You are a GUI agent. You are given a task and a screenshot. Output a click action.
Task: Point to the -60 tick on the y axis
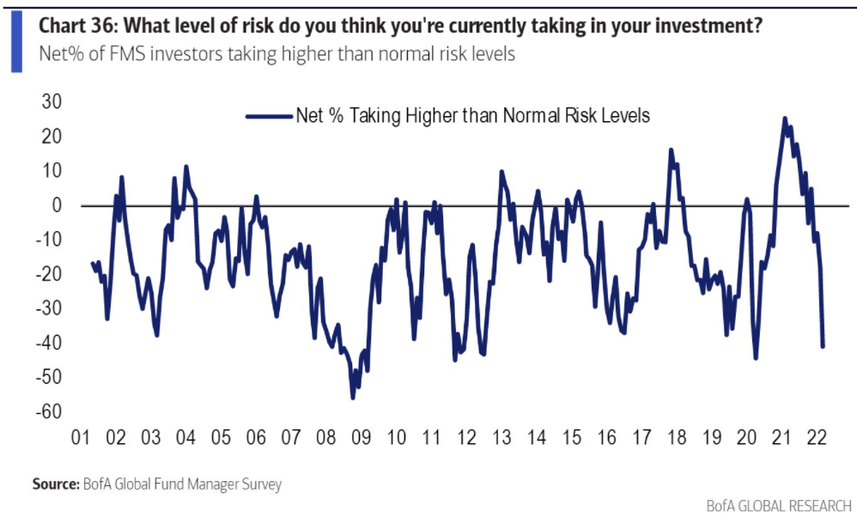pos(49,411)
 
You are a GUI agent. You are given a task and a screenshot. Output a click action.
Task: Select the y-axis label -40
pos(49,343)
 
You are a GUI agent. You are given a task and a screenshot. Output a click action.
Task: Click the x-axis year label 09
pos(361,437)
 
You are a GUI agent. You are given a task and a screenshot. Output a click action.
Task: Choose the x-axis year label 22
pos(817,437)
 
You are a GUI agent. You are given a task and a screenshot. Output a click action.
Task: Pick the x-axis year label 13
pos(501,437)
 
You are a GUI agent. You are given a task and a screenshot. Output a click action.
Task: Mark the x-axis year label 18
pos(677,437)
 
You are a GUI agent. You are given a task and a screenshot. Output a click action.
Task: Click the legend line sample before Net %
pos(269,115)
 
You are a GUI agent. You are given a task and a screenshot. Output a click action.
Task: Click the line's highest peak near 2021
pos(785,119)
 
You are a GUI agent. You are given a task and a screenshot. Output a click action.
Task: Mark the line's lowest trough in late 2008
pos(352,397)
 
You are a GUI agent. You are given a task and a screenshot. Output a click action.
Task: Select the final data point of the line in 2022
pos(823,346)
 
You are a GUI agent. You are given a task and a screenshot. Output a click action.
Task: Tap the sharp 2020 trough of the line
pos(756,357)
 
